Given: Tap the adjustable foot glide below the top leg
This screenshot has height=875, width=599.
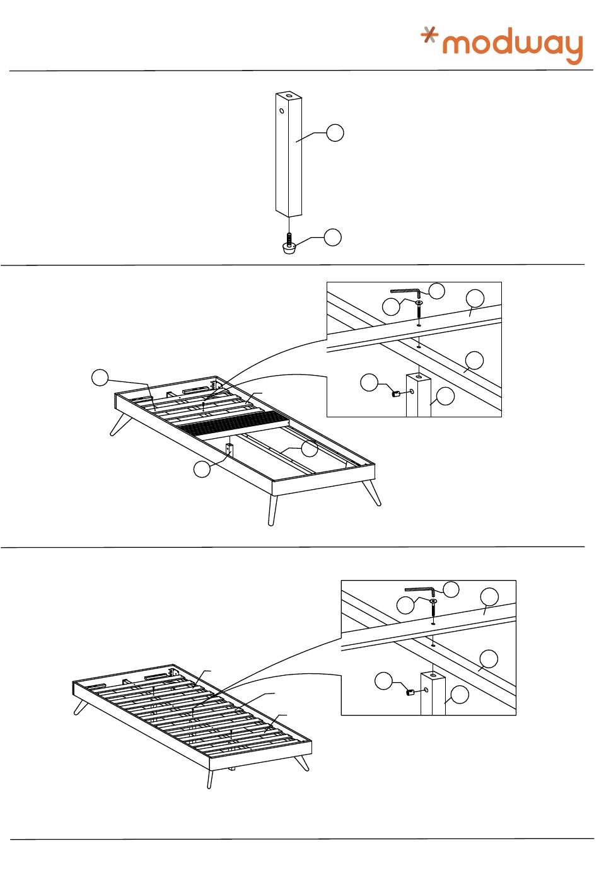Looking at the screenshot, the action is (x=289, y=246).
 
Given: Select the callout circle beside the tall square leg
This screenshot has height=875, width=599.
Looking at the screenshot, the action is (x=335, y=133).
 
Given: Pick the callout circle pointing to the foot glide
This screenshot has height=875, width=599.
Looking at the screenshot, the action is (x=332, y=237).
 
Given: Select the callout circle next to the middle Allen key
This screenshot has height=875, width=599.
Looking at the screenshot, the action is (x=436, y=291).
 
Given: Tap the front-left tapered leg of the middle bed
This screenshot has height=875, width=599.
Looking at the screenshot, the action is (x=272, y=509).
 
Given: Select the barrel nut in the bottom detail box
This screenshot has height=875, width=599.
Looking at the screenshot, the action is (x=410, y=692).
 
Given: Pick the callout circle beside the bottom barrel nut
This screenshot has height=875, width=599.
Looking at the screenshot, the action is (x=383, y=681).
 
